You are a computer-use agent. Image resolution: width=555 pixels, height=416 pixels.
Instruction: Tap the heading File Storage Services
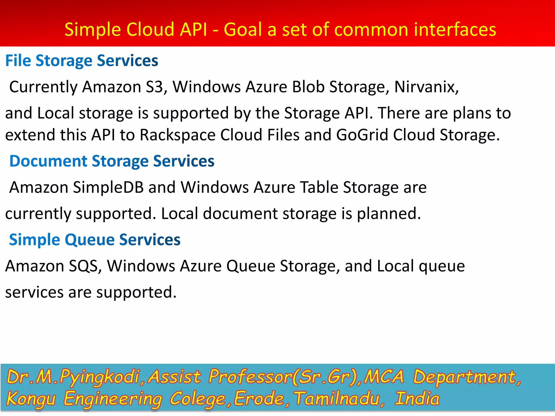pos(82,60)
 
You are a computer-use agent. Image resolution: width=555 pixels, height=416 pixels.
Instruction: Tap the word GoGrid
pos(362,135)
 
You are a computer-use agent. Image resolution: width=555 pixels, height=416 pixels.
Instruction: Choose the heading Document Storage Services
pos(112,161)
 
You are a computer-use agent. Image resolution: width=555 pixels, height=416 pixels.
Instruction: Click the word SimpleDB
pos(108,187)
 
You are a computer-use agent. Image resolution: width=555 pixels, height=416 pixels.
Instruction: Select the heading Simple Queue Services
pos(95,240)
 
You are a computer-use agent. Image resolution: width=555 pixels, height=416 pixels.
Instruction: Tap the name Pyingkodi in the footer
pos(99,377)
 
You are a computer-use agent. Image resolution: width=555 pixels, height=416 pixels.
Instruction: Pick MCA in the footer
pos(384,377)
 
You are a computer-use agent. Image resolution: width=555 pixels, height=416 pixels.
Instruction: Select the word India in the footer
pos(417,399)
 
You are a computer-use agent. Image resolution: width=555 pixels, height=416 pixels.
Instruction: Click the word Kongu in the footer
pos(31,399)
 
